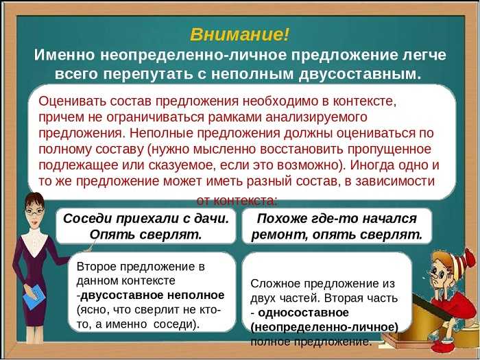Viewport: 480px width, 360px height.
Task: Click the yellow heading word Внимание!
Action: pyautogui.click(x=239, y=34)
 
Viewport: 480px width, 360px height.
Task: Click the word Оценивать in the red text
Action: pyautogui.click(x=72, y=101)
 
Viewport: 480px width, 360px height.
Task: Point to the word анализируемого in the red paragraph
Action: pyautogui.click(x=316, y=118)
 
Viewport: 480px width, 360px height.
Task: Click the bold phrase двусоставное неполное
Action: pyautogui.click(x=152, y=296)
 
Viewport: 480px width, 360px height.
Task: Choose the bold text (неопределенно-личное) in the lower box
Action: pyautogui.click(x=324, y=328)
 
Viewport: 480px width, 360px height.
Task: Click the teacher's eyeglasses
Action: pyautogui.click(x=34, y=211)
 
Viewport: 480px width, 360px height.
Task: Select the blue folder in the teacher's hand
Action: pyautogui.click(x=34, y=297)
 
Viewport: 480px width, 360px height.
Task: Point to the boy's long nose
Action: pyautogui.click(x=428, y=272)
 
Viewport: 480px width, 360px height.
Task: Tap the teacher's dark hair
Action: pyautogui.click(x=34, y=200)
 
